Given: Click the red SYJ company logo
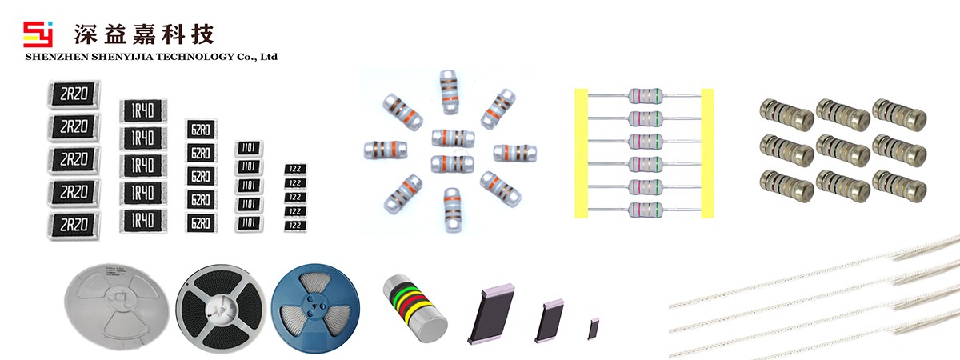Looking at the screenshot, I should pyautogui.click(x=38, y=34).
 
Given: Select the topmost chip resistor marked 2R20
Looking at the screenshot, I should pyautogui.click(x=74, y=95).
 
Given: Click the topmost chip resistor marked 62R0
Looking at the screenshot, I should pyautogui.click(x=200, y=130).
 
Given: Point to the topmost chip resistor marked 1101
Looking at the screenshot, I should pyautogui.click(x=248, y=148).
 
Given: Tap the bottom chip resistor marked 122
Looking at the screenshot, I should pyautogui.click(x=295, y=226).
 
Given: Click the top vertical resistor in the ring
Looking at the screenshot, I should pyautogui.click(x=450, y=90).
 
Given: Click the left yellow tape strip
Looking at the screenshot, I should pyautogui.click(x=581, y=153).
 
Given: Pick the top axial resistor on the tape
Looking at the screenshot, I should pyautogui.click(x=645, y=96).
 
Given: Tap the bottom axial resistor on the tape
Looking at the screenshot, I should pyautogui.click(x=645, y=210).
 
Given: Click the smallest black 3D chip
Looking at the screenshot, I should pyautogui.click(x=594, y=329).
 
